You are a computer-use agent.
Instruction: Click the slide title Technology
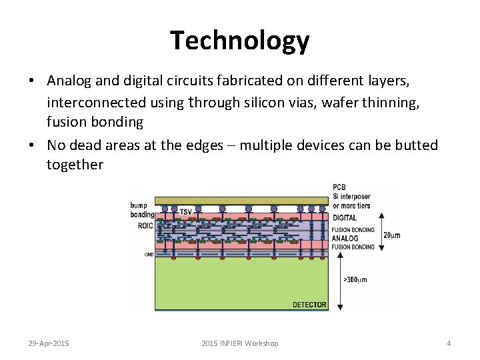239,41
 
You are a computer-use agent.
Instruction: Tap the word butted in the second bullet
413,145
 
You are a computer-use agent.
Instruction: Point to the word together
75,165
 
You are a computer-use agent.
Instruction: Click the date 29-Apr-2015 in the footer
49,343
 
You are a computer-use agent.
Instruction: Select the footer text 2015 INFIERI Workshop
239,343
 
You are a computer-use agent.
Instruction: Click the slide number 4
449,343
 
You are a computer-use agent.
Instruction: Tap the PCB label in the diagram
339,187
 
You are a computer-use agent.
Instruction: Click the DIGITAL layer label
345,217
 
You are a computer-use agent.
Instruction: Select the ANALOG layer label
345,238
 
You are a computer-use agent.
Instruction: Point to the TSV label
185,211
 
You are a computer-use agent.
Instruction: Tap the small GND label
149,254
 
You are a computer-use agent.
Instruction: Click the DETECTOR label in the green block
309,305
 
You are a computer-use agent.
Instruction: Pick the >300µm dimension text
355,279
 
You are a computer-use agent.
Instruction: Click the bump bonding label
141,210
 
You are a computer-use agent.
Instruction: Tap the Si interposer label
351,197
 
